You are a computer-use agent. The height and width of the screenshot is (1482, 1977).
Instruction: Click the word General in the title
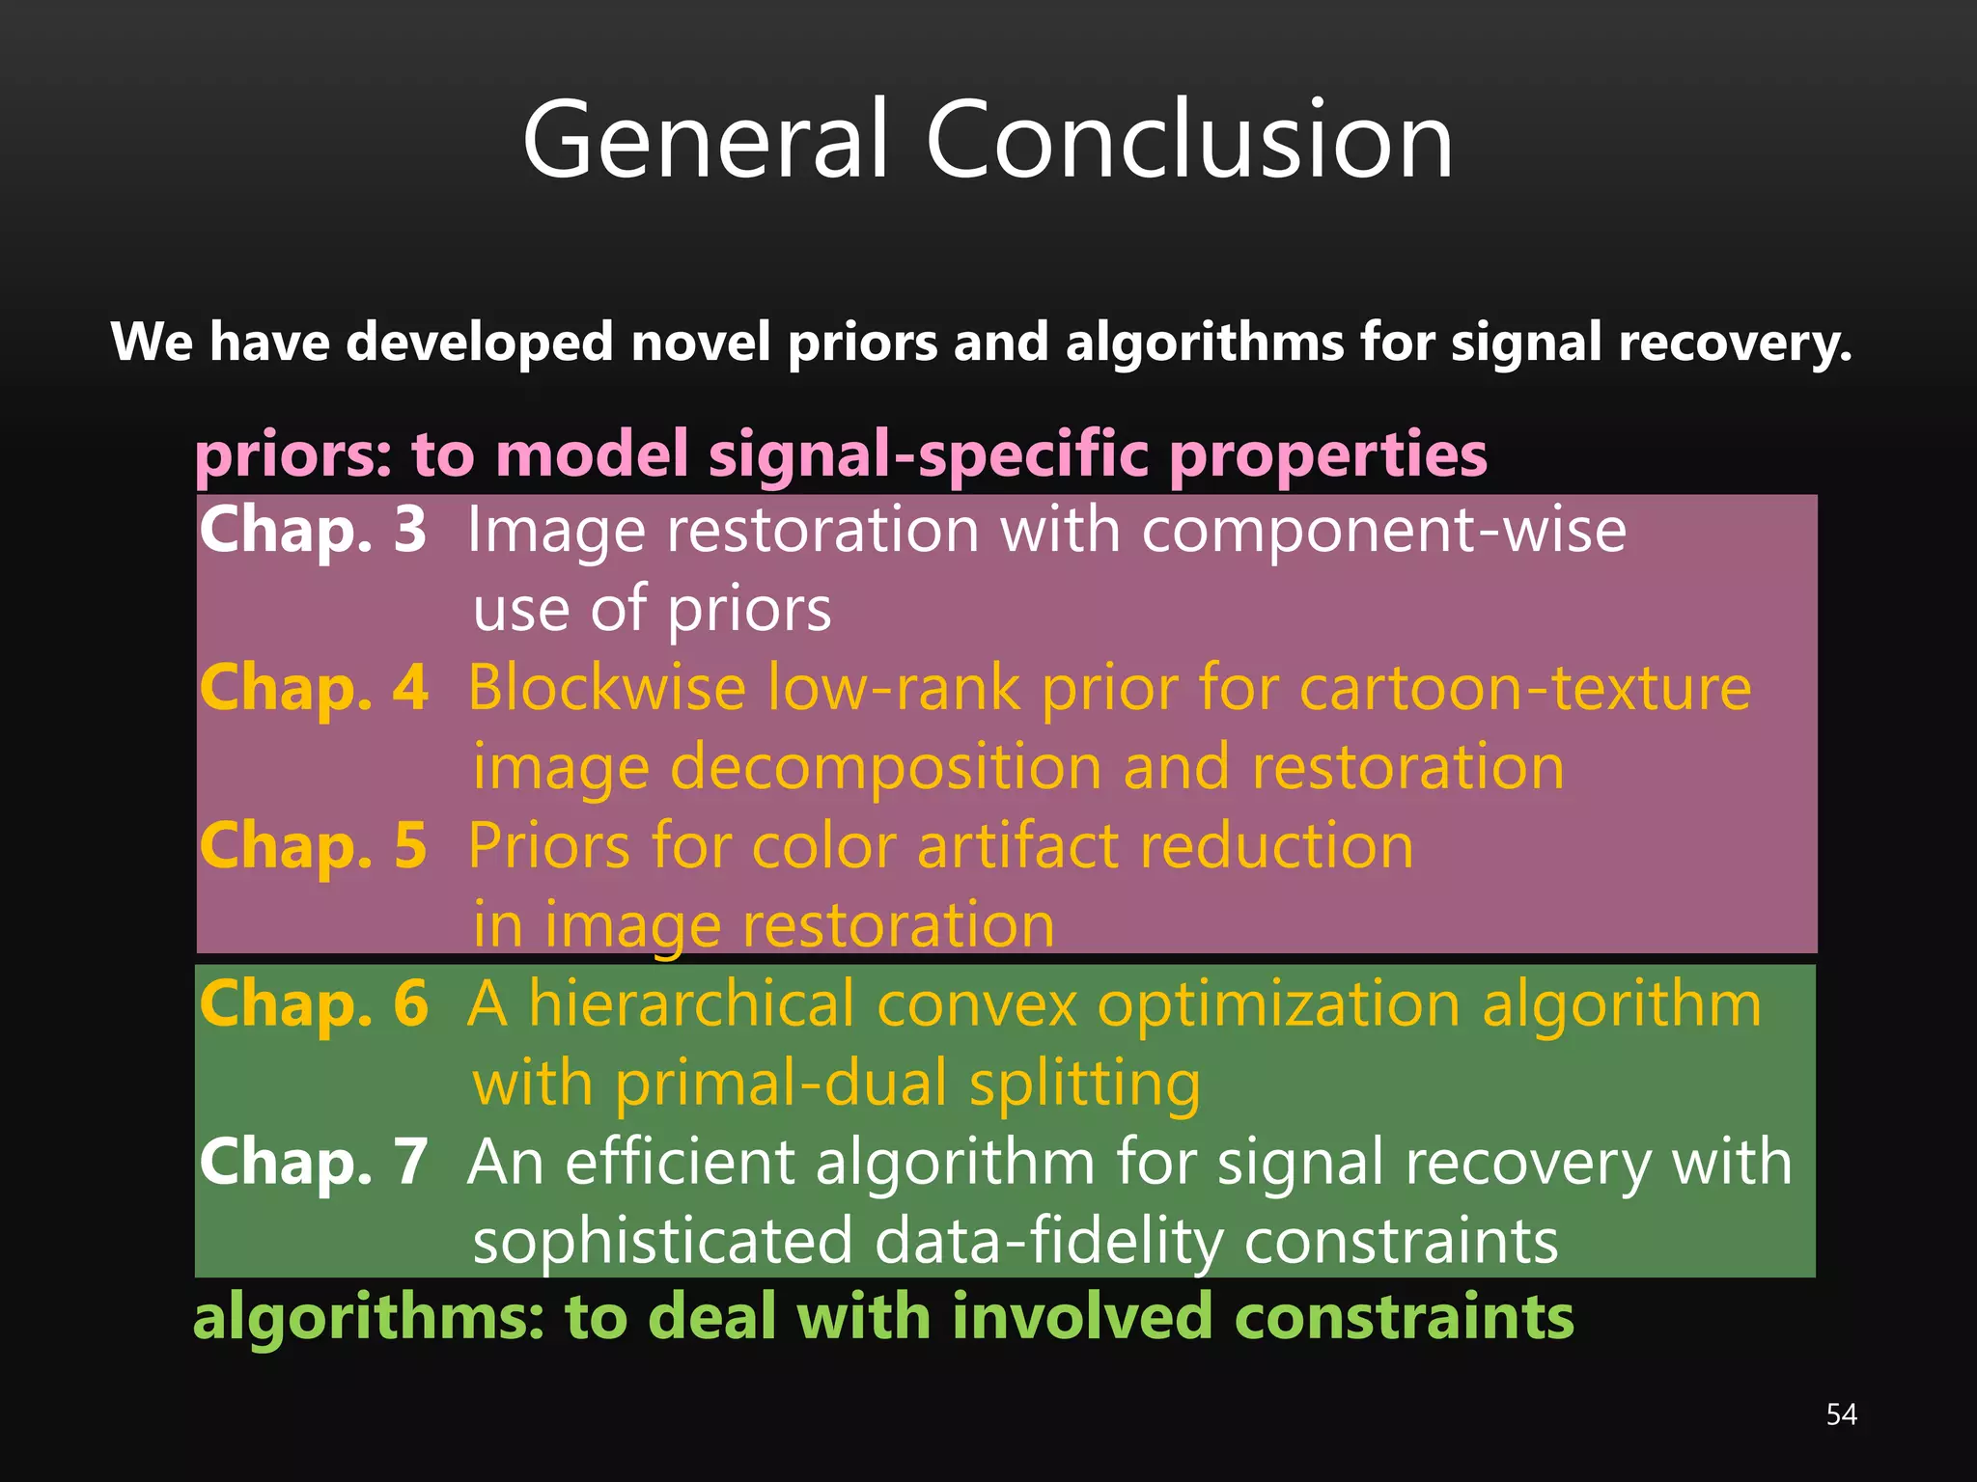click(704, 141)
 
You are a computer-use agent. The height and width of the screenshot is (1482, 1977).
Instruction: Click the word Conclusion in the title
click(1188, 141)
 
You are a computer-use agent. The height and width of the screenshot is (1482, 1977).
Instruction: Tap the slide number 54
click(1841, 1414)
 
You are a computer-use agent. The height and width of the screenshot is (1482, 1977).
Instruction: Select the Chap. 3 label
click(313, 531)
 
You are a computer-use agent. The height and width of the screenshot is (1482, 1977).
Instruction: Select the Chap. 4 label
click(314, 689)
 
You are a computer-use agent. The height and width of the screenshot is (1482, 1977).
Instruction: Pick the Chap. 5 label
click(313, 846)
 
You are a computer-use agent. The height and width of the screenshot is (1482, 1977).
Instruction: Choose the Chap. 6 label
click(314, 1004)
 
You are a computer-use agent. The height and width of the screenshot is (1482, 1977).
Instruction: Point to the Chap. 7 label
click(314, 1163)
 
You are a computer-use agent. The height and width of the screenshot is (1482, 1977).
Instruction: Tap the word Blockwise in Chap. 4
click(607, 689)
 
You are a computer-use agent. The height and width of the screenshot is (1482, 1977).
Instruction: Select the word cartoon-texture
click(1524, 689)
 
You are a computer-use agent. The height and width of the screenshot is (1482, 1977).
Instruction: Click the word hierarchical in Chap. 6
click(691, 1004)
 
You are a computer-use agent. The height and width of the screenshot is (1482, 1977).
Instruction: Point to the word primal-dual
click(781, 1084)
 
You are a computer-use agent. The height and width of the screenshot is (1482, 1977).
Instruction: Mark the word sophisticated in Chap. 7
click(662, 1242)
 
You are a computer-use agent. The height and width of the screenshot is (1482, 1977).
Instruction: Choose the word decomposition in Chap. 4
click(885, 768)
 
